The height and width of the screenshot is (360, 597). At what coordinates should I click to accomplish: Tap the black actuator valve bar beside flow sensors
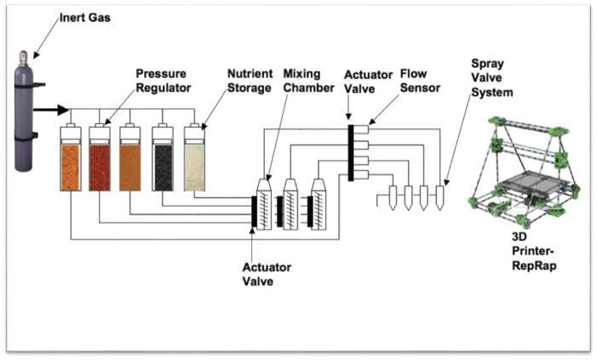(x=349, y=152)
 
